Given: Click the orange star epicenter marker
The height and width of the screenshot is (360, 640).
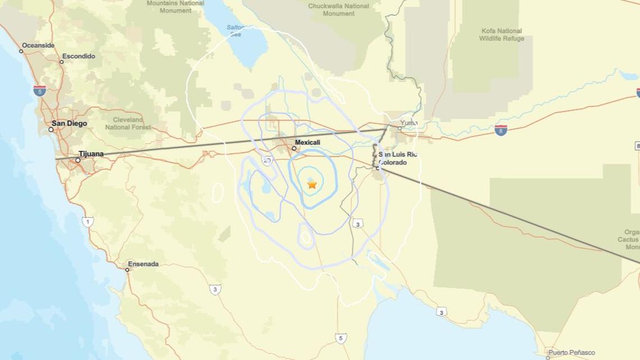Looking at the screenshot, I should pos(312,184).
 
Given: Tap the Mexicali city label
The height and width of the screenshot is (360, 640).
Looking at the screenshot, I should pos(307,143).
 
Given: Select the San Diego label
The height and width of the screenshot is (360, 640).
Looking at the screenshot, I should pos(69,124).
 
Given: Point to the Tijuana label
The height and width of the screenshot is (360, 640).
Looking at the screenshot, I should pos(91,154).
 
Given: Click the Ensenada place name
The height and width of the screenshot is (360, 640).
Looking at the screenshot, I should pos(143,264).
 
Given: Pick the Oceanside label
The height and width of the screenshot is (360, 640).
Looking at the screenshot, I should pos(38,45).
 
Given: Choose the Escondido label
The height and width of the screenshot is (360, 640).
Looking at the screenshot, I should pos(79,56).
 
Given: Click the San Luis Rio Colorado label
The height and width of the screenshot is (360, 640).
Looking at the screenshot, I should pos(397,158).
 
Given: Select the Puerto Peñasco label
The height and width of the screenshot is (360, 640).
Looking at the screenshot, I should pos(572,353).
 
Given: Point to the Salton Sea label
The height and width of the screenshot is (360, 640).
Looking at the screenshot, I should pos(236,30).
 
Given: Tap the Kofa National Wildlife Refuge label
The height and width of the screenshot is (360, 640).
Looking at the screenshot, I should pos(501,35).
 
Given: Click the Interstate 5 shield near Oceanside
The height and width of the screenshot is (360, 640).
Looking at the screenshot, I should pos(39,90).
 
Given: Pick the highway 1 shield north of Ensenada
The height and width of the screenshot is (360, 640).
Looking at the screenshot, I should pos(88,221).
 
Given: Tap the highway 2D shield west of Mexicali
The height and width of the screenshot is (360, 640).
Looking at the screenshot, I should pos(267,161).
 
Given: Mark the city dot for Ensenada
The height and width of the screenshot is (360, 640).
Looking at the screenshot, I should pos(127,270).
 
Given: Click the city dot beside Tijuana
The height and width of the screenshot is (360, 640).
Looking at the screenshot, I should pos(78,160).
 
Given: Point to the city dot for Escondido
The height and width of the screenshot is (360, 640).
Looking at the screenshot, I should pos(62,62).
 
